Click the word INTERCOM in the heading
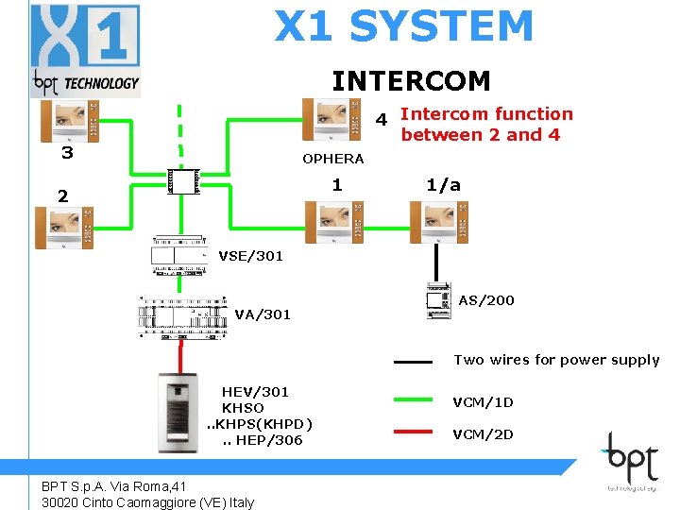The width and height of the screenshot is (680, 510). coord(411,80)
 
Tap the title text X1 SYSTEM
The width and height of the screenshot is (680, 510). coord(403,26)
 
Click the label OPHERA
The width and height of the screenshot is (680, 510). coord(332,159)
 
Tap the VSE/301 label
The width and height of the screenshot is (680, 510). coord(250,256)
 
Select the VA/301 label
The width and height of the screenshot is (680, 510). coord(263,314)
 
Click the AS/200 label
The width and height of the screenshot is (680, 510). coord(486,300)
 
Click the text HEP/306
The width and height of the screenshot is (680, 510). coord(269,440)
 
